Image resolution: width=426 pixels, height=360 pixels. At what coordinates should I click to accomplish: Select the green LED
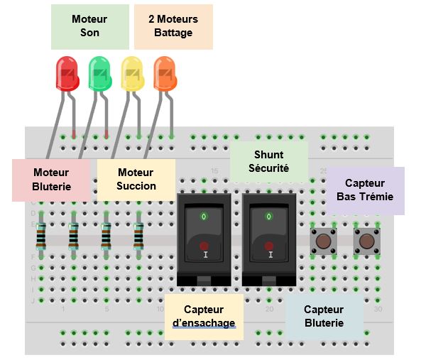point(100,74)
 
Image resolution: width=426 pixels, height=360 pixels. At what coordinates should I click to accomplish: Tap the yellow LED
point(133,74)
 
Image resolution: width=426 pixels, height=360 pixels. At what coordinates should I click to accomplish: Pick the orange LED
point(165,74)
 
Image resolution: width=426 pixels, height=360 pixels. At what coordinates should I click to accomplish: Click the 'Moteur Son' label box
point(89,26)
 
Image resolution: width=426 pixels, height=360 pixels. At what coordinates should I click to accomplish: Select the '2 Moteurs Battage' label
point(173,26)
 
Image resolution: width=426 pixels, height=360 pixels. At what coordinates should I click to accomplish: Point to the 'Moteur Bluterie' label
point(51,179)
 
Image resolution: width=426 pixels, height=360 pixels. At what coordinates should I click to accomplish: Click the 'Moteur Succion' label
point(136,179)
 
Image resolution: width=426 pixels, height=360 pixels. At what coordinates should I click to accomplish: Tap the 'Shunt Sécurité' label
point(268,161)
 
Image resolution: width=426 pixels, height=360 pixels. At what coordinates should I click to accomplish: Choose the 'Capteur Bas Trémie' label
point(365,190)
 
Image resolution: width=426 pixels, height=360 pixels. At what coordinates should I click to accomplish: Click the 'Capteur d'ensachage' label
point(204,316)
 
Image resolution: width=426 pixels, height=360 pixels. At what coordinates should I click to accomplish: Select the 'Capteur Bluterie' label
point(324,316)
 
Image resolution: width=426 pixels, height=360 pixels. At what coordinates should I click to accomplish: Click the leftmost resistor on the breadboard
point(41,235)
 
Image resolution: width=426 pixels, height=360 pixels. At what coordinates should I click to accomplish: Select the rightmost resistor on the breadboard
point(139,235)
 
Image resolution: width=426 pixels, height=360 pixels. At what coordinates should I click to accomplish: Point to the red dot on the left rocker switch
point(204,246)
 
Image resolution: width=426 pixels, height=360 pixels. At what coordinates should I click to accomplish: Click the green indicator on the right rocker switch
point(268,215)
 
